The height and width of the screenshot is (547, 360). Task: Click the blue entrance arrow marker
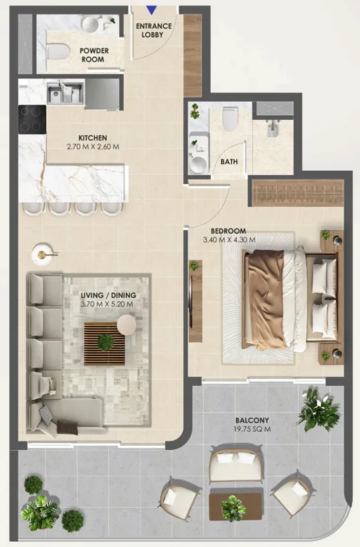[x=152, y=10]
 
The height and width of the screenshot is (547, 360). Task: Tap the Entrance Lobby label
[x=154, y=30]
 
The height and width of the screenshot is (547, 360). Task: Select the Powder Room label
[x=94, y=55]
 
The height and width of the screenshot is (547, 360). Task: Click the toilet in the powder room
[x=58, y=52]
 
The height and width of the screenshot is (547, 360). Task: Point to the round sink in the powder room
[x=90, y=23]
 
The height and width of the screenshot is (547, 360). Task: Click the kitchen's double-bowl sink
[x=65, y=92]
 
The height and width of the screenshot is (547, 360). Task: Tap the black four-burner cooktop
[x=32, y=119]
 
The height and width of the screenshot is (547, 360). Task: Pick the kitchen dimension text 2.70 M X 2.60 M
[x=93, y=147]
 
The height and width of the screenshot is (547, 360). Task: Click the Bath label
[x=229, y=161]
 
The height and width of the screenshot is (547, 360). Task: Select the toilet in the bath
[x=230, y=119]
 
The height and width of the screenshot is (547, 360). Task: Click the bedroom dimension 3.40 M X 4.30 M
[x=229, y=240]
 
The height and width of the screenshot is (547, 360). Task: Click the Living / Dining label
[x=108, y=295]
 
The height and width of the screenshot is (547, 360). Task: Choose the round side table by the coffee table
[x=126, y=325]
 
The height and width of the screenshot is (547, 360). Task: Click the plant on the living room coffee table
[x=105, y=342]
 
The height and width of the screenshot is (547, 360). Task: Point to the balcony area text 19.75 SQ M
[x=252, y=429]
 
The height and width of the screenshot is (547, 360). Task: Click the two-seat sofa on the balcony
[x=236, y=465]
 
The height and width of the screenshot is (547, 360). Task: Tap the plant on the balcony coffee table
[x=234, y=507]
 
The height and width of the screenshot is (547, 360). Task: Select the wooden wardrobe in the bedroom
[x=298, y=193]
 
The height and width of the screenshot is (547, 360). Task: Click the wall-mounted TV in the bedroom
[x=190, y=301]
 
